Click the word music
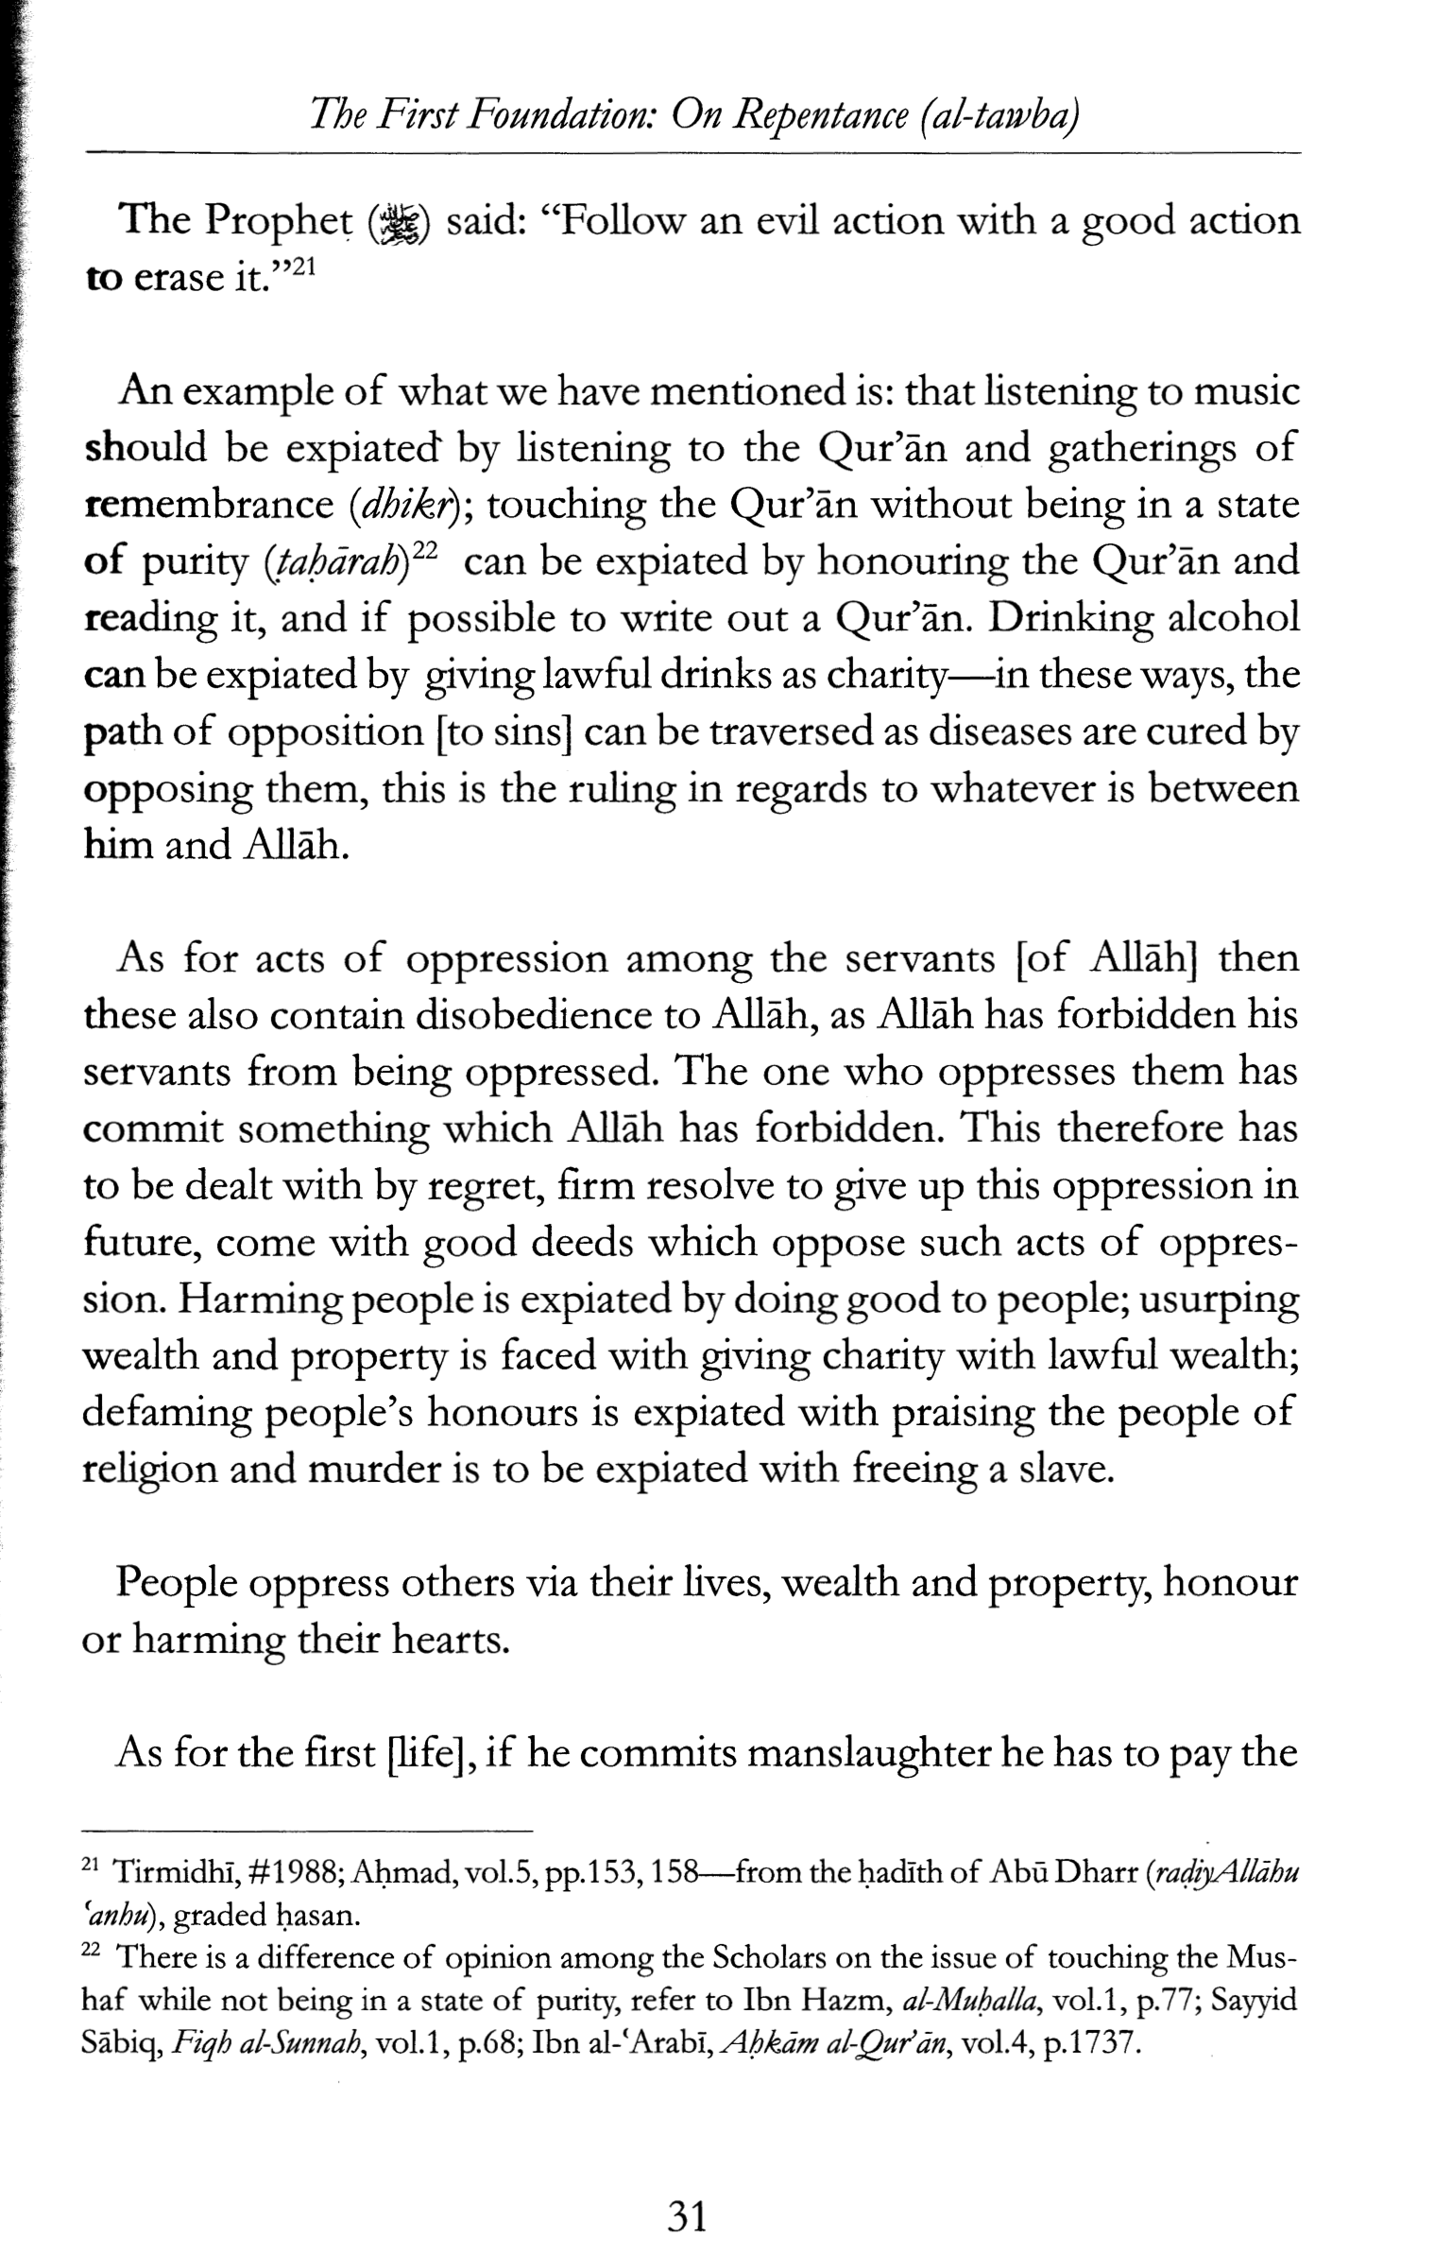[1246, 391]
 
